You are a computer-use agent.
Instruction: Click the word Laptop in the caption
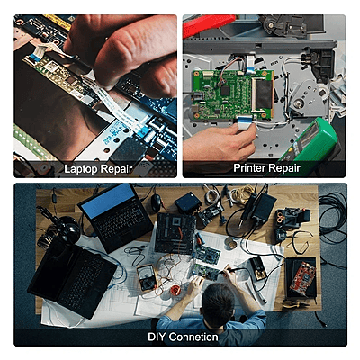pyautogui.click(x=80, y=169)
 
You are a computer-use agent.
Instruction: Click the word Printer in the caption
pyautogui.click(x=247, y=168)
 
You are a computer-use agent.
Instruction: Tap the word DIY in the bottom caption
pyautogui.click(x=157, y=337)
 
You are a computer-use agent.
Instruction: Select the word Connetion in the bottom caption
pyautogui.click(x=193, y=337)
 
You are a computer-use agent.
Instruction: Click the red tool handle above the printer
pyautogui.click(x=208, y=23)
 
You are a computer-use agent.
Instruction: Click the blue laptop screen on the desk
pyautogui.click(x=108, y=201)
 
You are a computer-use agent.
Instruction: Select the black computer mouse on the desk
pyautogui.click(x=156, y=203)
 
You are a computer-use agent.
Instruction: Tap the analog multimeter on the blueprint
pyautogui.click(x=147, y=277)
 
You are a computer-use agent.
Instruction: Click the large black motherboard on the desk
pyautogui.click(x=175, y=233)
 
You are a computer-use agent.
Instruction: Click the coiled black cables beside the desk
pyautogui.click(x=333, y=217)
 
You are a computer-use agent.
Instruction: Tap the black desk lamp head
pyautogui.click(x=68, y=229)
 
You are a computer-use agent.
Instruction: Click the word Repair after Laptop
pyautogui.click(x=115, y=169)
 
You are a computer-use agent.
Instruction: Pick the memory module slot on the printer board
pyautogui.click(x=263, y=94)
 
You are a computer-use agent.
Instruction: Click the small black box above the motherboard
pyautogui.click(x=188, y=202)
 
